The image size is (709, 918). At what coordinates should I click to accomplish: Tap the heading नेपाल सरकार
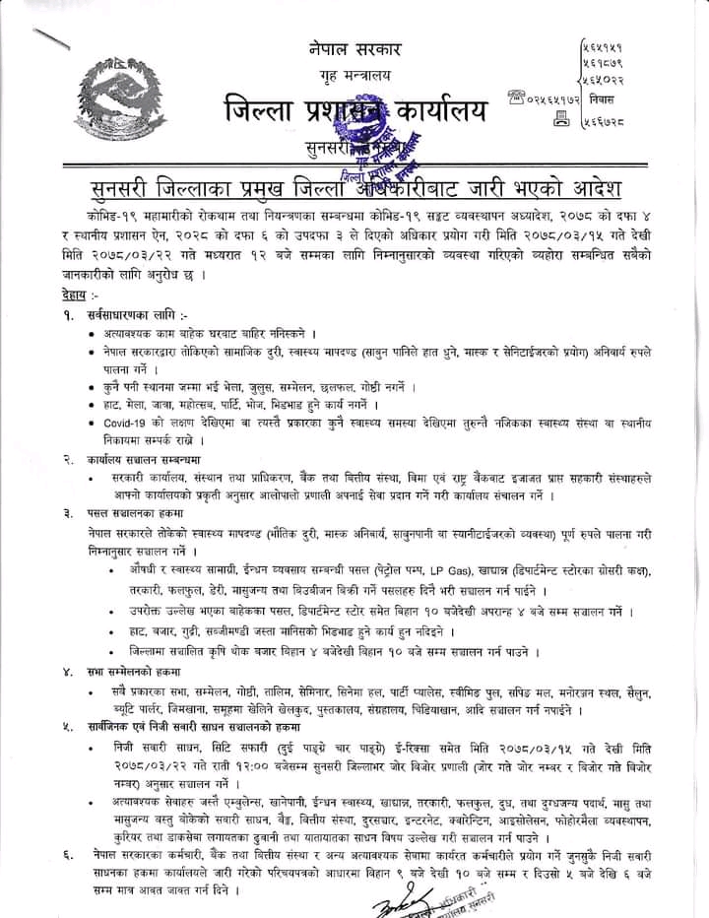[355, 48]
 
